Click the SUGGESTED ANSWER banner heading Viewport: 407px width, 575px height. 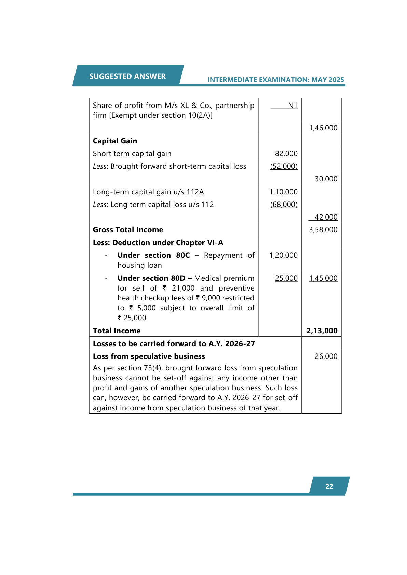[x=127, y=76]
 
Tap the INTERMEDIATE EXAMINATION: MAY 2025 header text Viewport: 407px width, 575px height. [x=275, y=80]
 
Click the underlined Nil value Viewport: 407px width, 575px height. [x=293, y=106]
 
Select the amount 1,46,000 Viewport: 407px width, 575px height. [x=323, y=128]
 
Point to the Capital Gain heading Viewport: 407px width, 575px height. [x=115, y=141]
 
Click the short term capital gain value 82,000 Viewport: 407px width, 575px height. [x=286, y=154]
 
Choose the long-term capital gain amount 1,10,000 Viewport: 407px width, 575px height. [x=283, y=192]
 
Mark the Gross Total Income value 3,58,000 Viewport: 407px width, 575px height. [x=323, y=230]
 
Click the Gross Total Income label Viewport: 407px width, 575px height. [x=128, y=230]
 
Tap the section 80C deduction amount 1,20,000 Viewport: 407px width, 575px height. [x=283, y=255]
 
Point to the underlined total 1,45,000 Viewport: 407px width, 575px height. [x=323, y=278]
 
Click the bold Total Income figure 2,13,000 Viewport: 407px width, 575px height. [x=322, y=331]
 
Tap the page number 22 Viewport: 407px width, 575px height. [x=329, y=486]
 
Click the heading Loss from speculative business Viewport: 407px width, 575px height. [x=149, y=356]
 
